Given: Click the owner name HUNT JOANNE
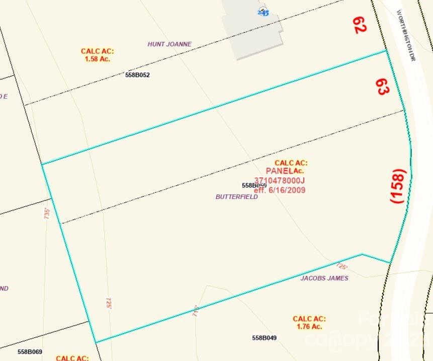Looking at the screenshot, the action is [169, 44].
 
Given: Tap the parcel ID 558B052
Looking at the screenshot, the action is [137, 75].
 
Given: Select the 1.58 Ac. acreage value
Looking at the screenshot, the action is [98, 59].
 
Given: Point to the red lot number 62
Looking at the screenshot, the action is [359, 24].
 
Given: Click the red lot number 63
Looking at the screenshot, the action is [382, 87].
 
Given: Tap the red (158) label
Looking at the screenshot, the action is [398, 185].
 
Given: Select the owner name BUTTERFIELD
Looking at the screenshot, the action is [236, 197].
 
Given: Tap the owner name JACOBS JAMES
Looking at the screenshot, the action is [324, 278].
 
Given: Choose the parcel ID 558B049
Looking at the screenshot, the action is [264, 338].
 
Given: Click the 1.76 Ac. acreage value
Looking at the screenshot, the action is [309, 326].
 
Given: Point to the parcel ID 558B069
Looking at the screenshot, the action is [30, 352].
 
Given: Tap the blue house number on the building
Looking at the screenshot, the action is [263, 12].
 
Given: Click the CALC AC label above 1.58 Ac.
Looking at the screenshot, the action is [97, 51].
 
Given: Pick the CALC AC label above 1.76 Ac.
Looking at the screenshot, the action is [309, 319].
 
